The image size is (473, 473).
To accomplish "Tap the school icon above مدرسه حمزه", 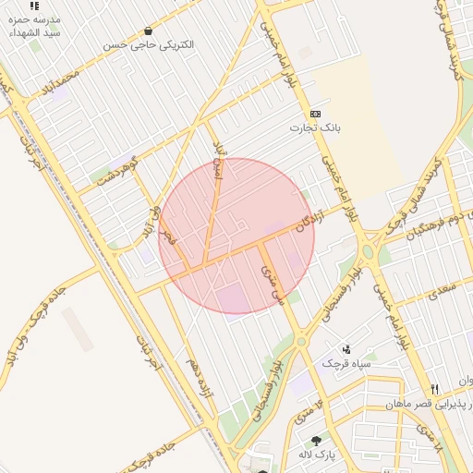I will click(34, 6).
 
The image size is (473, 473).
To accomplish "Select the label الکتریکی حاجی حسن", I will click(148, 44).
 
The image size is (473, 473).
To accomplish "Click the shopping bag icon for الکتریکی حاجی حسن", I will click(148, 31).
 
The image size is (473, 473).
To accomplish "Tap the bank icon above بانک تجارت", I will click(315, 113).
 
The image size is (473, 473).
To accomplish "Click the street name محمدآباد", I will click(61, 85).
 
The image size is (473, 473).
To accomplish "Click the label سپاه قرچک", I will click(346, 363).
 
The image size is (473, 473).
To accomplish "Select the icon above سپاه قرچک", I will click(346, 349).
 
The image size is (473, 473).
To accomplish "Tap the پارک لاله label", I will click(317, 455).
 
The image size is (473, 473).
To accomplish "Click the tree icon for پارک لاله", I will click(317, 441).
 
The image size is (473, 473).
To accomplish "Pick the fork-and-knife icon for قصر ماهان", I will click(435, 389).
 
